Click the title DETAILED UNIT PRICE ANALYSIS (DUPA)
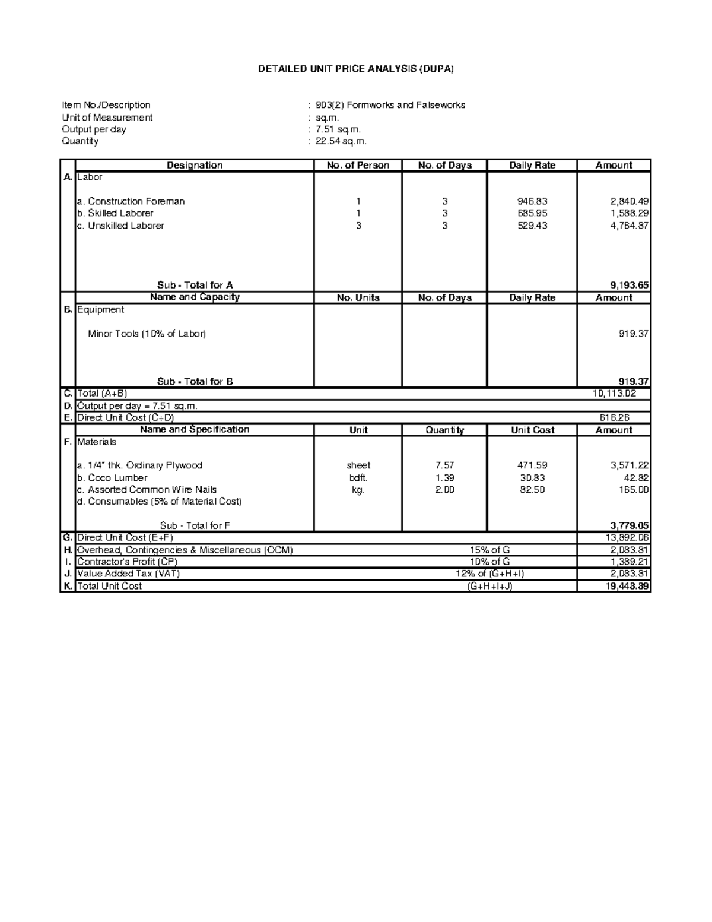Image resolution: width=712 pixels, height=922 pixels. (355, 69)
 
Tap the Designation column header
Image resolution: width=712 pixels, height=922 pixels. (194, 166)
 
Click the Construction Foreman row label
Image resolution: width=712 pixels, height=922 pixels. (131, 201)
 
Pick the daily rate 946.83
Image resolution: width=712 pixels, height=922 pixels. (532, 201)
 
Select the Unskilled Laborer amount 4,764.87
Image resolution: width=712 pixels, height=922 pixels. (629, 226)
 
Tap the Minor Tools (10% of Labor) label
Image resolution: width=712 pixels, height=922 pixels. (147, 334)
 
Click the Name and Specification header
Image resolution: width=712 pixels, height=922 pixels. (195, 430)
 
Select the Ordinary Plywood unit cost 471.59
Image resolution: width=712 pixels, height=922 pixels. (532, 465)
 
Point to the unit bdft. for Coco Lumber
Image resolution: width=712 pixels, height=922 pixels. (358, 478)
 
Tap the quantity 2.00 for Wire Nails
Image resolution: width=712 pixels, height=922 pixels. (444, 490)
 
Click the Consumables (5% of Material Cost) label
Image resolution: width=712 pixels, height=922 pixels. (159, 502)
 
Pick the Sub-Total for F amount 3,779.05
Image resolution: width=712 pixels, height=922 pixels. (629, 525)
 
